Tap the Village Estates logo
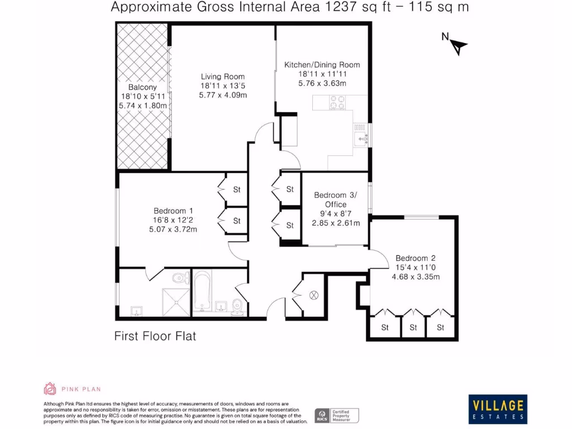(x=497, y=409)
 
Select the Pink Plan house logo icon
(x=50, y=389)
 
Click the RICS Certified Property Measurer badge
(x=337, y=415)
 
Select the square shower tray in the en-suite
(x=176, y=302)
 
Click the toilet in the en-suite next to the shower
(x=179, y=278)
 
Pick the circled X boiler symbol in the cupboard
(x=313, y=295)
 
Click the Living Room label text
(x=223, y=77)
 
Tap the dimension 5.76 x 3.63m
(x=322, y=83)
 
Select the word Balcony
(x=142, y=87)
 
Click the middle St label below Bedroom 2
(x=413, y=327)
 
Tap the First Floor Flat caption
(x=155, y=336)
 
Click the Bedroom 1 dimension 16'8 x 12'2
(x=173, y=220)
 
